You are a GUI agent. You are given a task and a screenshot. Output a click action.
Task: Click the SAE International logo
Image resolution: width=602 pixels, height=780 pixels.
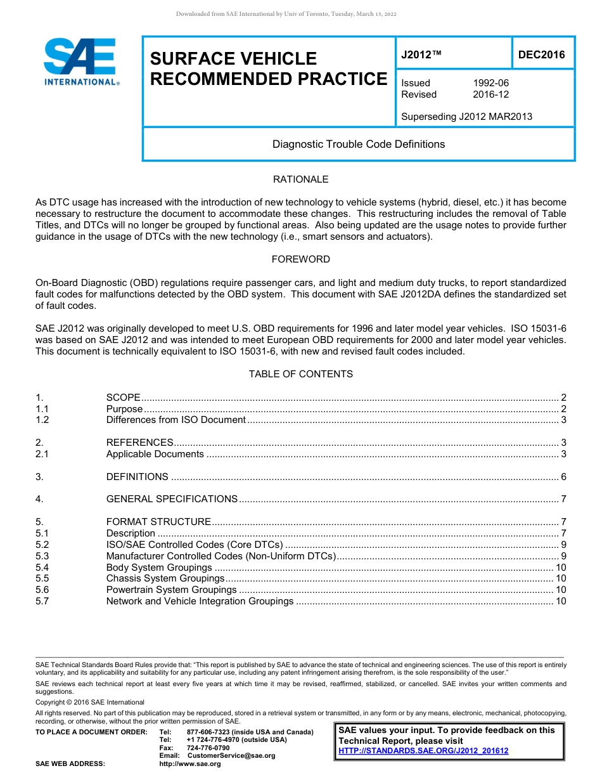80,62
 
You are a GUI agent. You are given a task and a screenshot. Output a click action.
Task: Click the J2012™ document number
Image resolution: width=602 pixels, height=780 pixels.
421,55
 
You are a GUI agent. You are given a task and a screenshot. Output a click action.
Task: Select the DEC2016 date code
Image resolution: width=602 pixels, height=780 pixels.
541,55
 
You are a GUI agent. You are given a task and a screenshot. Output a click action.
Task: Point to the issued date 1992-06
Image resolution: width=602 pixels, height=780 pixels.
490,83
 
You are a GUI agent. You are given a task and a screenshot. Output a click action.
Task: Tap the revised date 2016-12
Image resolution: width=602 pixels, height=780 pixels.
490,94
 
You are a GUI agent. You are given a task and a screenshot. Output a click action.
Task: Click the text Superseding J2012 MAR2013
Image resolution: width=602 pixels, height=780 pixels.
466,116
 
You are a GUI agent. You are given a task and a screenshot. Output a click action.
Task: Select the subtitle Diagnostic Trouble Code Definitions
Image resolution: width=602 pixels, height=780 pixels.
358,144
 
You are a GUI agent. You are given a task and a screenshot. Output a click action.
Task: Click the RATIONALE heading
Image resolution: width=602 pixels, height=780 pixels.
300,179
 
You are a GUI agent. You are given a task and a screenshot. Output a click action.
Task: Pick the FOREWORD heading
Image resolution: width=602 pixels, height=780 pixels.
300,259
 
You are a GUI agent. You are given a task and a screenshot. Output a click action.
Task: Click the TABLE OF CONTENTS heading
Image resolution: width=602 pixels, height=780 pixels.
300,374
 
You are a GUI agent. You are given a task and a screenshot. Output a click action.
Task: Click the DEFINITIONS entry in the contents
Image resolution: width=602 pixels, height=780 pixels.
137,477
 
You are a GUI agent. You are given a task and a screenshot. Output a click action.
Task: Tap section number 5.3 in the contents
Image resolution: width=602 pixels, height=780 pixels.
42,556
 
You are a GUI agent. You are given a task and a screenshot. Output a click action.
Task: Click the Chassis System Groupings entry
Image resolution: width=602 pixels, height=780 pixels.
165,578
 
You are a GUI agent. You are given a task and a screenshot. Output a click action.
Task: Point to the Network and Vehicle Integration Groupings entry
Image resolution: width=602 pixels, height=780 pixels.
200,601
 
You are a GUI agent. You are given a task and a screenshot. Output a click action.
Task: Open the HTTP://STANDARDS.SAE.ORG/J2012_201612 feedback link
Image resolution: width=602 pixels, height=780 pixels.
423,751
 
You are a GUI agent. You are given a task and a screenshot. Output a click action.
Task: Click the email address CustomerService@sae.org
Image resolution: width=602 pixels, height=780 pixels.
231,755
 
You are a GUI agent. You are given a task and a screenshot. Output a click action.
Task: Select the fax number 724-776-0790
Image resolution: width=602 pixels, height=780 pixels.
208,748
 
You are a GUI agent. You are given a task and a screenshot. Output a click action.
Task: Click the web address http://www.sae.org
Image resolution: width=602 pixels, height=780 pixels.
190,764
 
